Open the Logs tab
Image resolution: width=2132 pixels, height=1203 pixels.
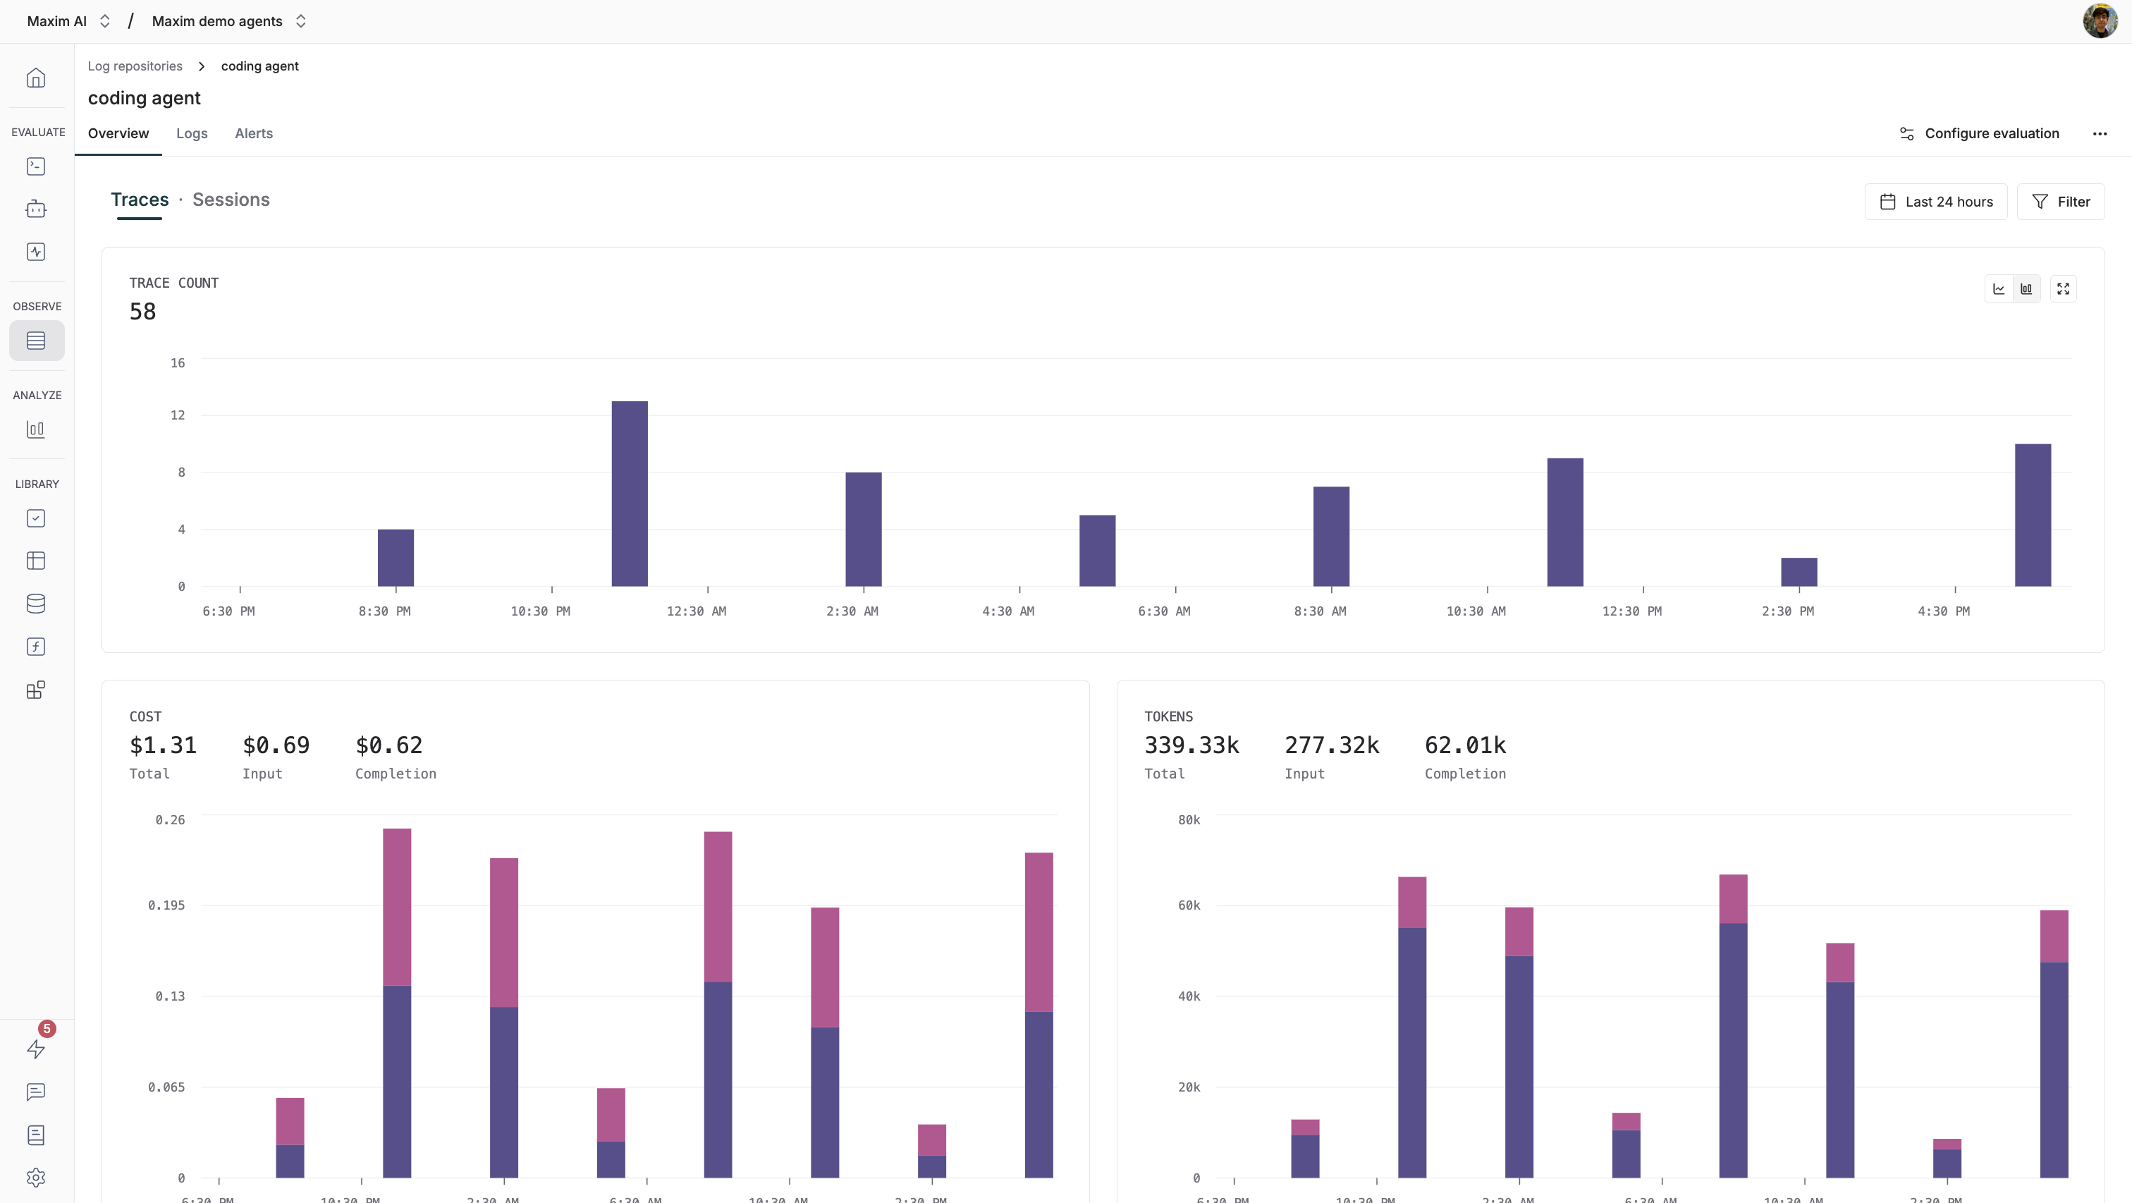(x=191, y=133)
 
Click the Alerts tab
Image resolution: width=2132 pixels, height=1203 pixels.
(x=253, y=133)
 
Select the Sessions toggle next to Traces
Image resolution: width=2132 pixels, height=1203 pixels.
(x=231, y=200)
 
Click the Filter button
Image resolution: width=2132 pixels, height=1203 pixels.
(x=2060, y=202)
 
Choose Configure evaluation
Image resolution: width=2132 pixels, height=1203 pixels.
(x=1979, y=133)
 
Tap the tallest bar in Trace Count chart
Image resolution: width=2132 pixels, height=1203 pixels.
(x=629, y=494)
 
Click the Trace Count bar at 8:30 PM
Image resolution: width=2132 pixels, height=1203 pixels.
(x=396, y=557)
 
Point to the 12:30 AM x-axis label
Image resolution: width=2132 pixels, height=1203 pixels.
(x=696, y=611)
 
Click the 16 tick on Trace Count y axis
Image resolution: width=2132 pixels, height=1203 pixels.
(x=177, y=362)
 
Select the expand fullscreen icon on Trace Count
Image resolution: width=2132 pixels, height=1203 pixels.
(x=2062, y=289)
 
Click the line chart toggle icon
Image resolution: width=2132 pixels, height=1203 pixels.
(x=1999, y=289)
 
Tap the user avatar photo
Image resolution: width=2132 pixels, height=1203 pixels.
(x=2099, y=20)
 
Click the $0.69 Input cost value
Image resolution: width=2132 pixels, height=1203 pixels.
(x=276, y=745)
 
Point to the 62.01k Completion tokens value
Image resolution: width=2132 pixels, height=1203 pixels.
(x=1464, y=745)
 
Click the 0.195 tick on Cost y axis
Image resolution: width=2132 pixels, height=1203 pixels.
(x=166, y=905)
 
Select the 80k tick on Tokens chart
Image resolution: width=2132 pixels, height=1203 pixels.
(x=1189, y=819)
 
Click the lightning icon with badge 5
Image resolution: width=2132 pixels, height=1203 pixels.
(x=35, y=1048)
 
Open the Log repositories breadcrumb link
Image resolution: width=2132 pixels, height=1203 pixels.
(x=135, y=66)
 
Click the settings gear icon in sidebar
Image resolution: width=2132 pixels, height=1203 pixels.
(x=35, y=1178)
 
